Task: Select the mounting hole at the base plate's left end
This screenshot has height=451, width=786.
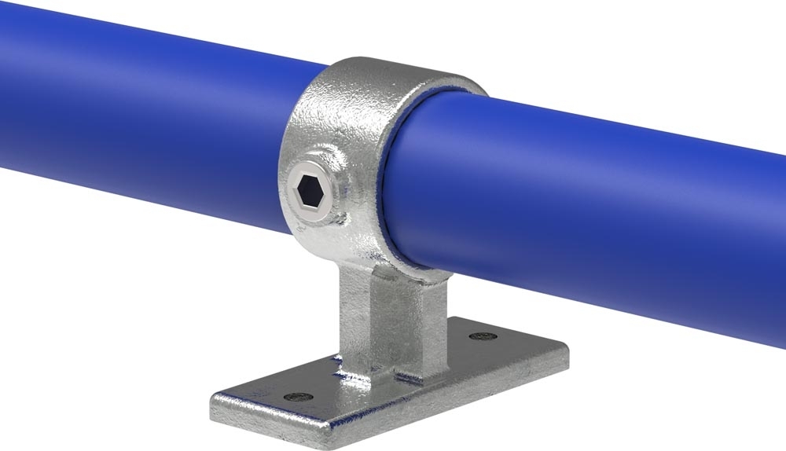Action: point(296,397)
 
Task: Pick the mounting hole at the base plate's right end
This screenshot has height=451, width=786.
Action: point(480,336)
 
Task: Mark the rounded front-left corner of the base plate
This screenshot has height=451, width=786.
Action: point(220,409)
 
